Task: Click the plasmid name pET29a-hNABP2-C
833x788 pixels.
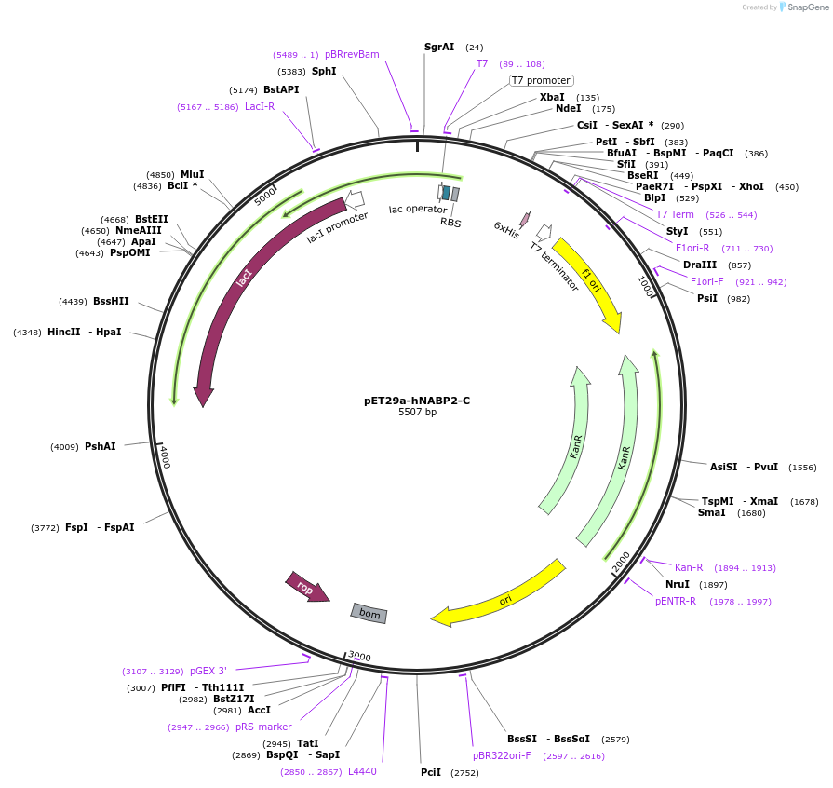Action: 416,401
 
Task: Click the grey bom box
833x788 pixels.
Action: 369,613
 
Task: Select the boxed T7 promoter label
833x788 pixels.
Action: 541,80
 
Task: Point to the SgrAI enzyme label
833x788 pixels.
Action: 439,47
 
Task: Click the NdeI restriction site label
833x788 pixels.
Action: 568,108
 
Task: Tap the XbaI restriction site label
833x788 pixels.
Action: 552,97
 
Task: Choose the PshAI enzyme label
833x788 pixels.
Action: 101,446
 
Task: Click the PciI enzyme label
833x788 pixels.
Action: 431,772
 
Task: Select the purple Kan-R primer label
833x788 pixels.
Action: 689,567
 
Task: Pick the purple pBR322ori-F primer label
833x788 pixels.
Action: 502,755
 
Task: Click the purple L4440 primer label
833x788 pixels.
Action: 362,771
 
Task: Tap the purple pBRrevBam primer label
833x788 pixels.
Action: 352,54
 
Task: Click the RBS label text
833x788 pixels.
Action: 450,223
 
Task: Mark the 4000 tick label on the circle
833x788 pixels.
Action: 165,456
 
